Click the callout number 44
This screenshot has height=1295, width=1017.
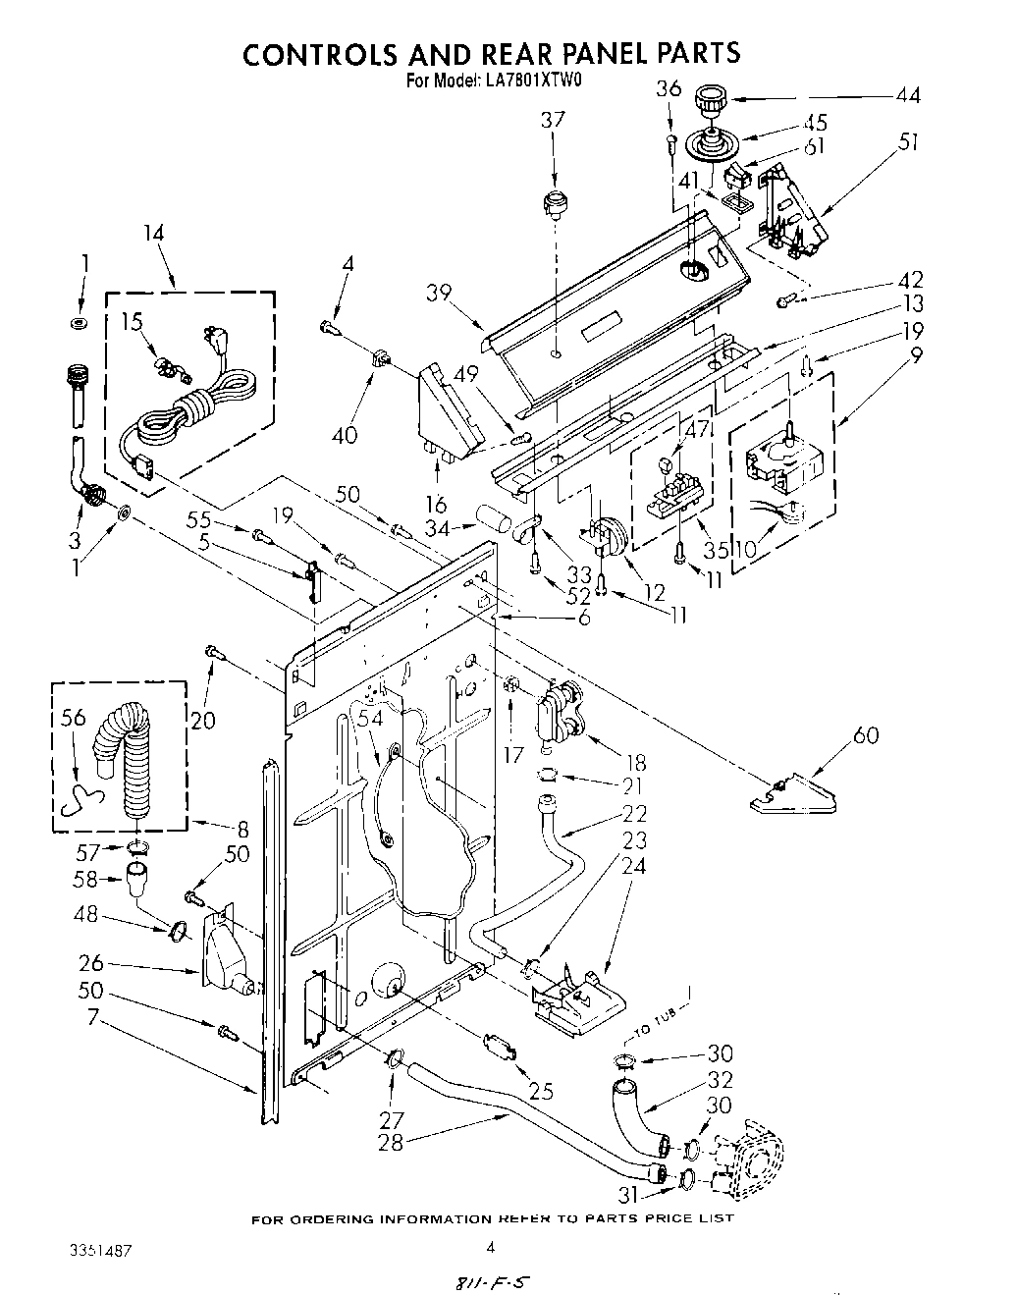(907, 95)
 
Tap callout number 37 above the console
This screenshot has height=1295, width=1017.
(553, 120)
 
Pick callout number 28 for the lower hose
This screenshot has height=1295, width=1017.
(392, 1142)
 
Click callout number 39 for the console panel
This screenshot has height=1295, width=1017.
(439, 294)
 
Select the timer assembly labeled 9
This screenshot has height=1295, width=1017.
(780, 459)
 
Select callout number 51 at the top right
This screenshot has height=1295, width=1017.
(909, 142)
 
